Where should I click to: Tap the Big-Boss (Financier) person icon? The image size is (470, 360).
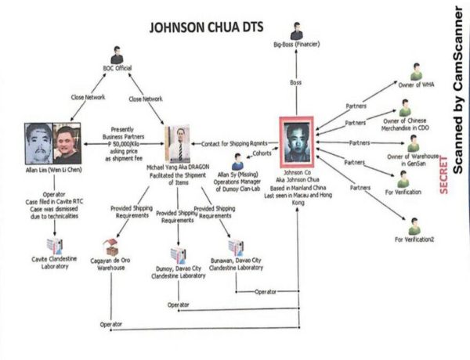[295, 31]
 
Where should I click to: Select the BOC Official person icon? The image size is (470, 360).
[117, 56]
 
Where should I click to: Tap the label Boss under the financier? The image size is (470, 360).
[295, 81]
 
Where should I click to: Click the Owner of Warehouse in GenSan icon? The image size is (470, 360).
[414, 143]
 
